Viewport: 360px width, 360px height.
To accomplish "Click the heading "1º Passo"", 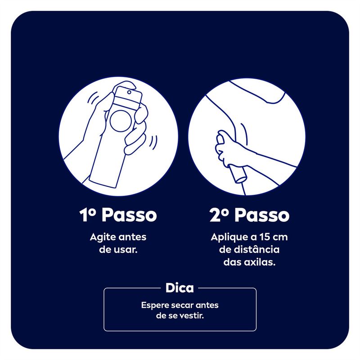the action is (x=118, y=215).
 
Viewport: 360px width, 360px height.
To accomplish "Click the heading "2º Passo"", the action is (x=249, y=215).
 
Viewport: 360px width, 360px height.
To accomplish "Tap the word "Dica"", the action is (x=180, y=288).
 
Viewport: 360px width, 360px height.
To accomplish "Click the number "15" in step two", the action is (x=265, y=237).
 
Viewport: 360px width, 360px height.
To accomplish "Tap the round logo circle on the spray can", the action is (x=121, y=121).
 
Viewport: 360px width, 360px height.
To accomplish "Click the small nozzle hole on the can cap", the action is (x=129, y=92).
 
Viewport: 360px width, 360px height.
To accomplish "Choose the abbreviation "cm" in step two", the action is (x=280, y=238).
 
